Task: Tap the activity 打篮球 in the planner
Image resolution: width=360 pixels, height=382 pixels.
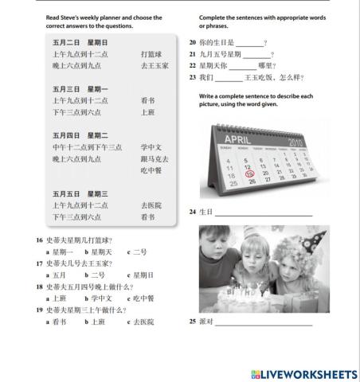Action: click(x=151, y=54)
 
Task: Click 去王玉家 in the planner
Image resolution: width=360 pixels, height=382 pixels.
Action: click(x=155, y=65)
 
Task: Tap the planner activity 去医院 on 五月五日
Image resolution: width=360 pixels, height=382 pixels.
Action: click(x=151, y=205)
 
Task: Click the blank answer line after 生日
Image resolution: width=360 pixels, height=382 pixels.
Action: click(x=263, y=213)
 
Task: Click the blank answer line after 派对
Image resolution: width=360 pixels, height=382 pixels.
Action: click(x=263, y=322)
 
